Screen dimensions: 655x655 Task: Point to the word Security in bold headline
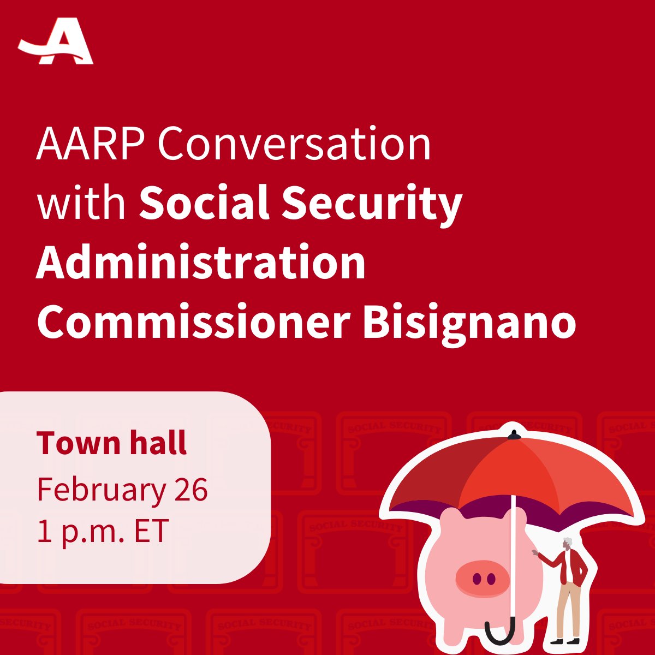point(372,203)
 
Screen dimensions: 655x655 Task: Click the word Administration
point(201,263)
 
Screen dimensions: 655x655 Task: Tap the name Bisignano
point(469,323)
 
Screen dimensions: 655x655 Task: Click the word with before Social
point(82,203)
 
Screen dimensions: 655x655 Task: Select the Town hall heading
point(112,443)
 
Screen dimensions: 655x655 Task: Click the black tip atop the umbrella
point(513,434)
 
